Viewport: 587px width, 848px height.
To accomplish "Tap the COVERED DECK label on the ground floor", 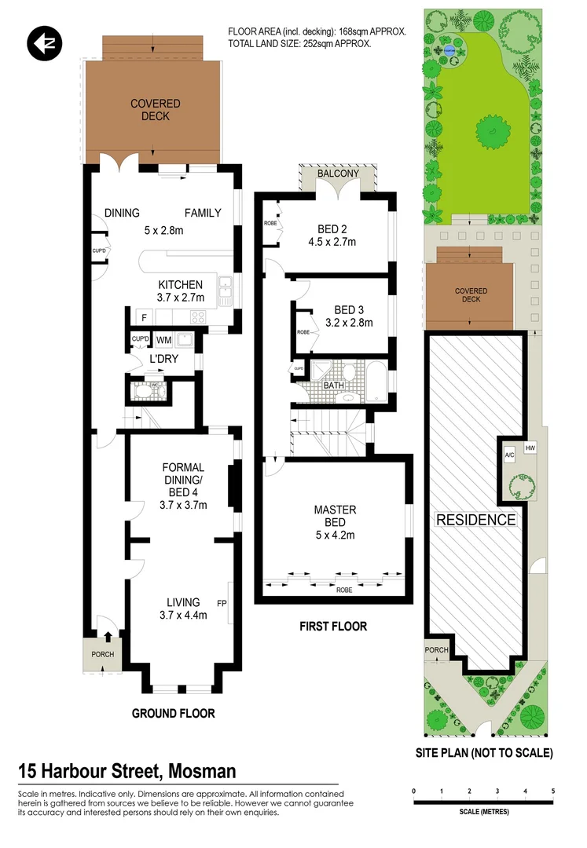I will coord(156,110).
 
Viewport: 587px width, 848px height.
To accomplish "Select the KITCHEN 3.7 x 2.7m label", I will coord(182,291).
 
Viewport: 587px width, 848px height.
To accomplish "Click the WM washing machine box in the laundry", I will coord(163,340).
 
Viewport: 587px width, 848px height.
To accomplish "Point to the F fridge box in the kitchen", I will coord(144,317).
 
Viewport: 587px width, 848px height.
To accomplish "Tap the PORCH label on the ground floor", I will coord(103,655).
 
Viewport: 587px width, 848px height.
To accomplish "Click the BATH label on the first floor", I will coord(333,386).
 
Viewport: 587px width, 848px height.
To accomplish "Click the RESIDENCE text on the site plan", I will coord(476,520).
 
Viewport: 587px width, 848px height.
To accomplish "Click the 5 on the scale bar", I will coord(554,791).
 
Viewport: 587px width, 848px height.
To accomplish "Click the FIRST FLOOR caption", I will coord(333,627).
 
